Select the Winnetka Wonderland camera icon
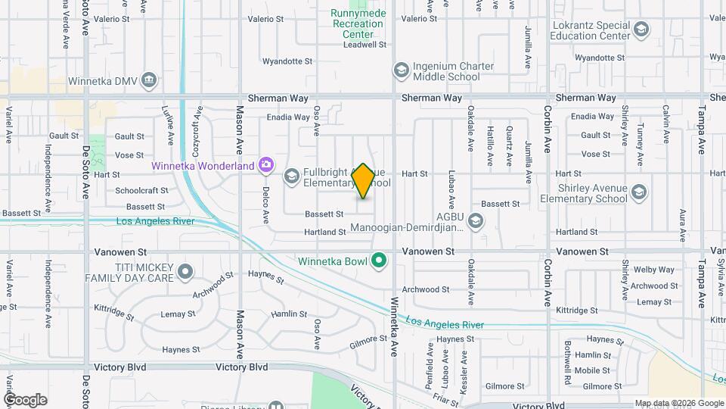265,164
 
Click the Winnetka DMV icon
150,80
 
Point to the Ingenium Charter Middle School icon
400,70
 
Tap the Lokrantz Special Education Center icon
641,30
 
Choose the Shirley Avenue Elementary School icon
639,191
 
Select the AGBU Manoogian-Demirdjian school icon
475,220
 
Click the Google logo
25,400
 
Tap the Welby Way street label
654,270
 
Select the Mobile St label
592,370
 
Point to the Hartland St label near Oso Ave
325,232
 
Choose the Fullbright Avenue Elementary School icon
291,176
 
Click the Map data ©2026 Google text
678,403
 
